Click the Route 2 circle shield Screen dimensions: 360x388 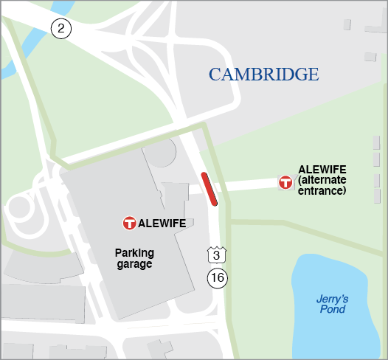pos(60,29)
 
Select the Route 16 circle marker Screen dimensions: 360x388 pos(217,278)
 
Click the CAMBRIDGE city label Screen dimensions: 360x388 pos(263,75)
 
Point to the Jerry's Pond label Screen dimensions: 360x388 pos(331,304)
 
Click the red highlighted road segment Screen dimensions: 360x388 pos(209,187)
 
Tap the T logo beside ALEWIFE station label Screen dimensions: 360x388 pos(129,223)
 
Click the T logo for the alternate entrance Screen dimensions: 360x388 pos(285,181)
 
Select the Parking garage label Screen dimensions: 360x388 pos(134,258)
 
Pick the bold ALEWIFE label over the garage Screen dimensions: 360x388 pos(162,223)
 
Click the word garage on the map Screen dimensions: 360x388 pos(134,263)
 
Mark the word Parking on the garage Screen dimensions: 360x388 pos(134,253)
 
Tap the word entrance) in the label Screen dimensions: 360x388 pos(322,190)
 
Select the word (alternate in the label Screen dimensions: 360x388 pos(322,180)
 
